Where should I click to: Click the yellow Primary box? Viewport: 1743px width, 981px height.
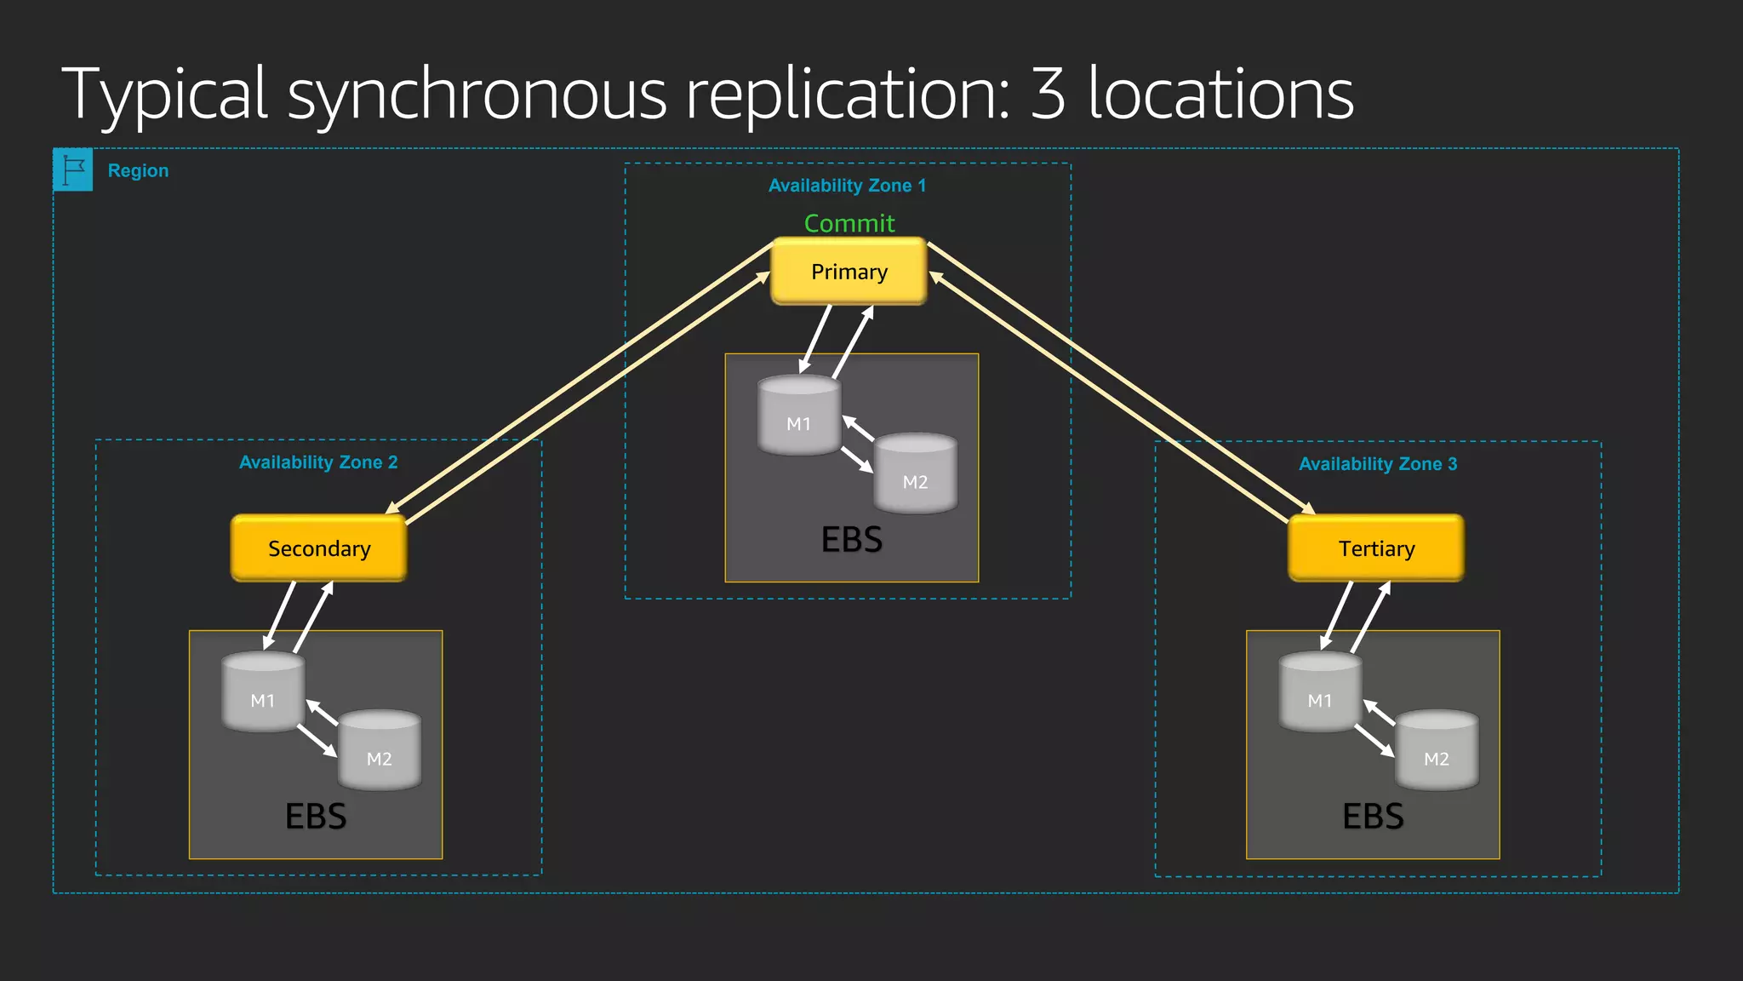pos(849,272)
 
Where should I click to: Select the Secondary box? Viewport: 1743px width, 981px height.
pos(319,548)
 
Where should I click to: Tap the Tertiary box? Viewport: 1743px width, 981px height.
pos(1376,548)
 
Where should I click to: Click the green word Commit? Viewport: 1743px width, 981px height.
pos(849,223)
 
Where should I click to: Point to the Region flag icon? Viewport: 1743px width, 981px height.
pos(73,170)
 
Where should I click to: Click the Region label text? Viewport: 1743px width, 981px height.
pos(138,170)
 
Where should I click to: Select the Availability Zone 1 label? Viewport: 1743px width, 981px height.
pos(847,186)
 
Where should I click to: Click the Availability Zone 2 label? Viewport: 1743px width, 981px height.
pos(318,462)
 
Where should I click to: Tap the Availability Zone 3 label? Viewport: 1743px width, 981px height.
pos(1378,464)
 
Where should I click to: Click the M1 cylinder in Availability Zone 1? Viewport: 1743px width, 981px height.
pos(799,417)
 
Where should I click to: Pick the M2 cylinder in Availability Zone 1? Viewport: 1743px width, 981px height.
pos(915,475)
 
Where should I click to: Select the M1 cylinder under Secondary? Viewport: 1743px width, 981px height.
pos(263,694)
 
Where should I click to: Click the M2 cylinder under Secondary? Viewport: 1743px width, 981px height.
pos(380,752)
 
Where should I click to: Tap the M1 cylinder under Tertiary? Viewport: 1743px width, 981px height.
pos(1320,694)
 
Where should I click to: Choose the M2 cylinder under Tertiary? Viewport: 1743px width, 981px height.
pos(1437,752)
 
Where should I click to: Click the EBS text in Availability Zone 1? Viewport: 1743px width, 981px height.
pos(852,540)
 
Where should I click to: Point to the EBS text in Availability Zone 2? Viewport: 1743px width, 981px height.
pos(316,817)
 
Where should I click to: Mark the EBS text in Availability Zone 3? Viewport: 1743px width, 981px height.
pos(1373,817)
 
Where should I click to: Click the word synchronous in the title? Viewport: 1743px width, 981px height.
pos(477,95)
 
